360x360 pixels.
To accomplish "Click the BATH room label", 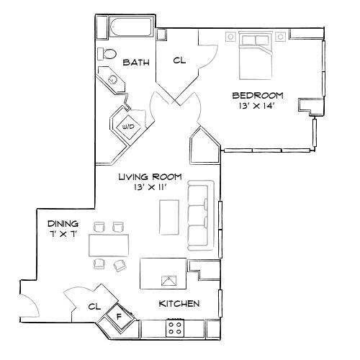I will pos(135,63).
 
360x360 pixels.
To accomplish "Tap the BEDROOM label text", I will pos(257,95).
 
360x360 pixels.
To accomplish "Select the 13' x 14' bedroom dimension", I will pos(257,106).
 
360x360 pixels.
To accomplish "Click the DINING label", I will pos(63,224).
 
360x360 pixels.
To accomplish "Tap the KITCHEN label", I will pos(179,304).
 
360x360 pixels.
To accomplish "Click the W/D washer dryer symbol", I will pos(127,126).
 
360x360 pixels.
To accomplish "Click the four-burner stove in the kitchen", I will pos(174,328).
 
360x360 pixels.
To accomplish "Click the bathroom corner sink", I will pos(112,79).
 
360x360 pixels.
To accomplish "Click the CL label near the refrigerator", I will pos(93,306).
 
